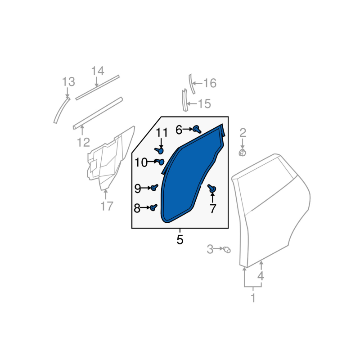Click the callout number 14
point(98,71)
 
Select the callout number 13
point(68,82)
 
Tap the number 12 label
point(83,142)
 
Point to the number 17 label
point(107,206)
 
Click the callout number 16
point(210,83)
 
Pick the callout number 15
point(204,103)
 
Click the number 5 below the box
point(180,240)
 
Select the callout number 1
point(253,298)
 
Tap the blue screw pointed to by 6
point(197,129)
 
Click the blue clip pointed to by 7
point(211,189)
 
